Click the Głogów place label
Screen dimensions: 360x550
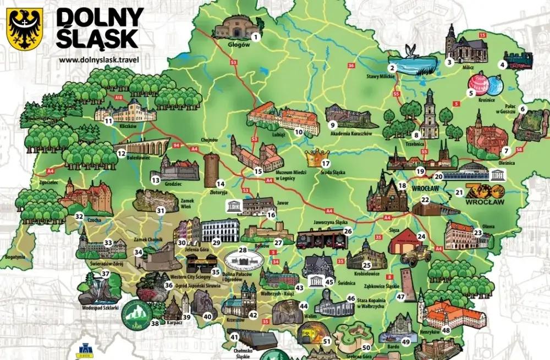239,45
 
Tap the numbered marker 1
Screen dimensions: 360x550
255,37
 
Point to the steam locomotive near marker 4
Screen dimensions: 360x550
519,59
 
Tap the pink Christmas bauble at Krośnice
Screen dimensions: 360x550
477,83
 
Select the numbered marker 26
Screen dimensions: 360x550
348,231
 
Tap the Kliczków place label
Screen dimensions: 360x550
127,126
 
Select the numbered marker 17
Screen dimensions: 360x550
325,164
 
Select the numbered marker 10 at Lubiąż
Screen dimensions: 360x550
299,132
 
